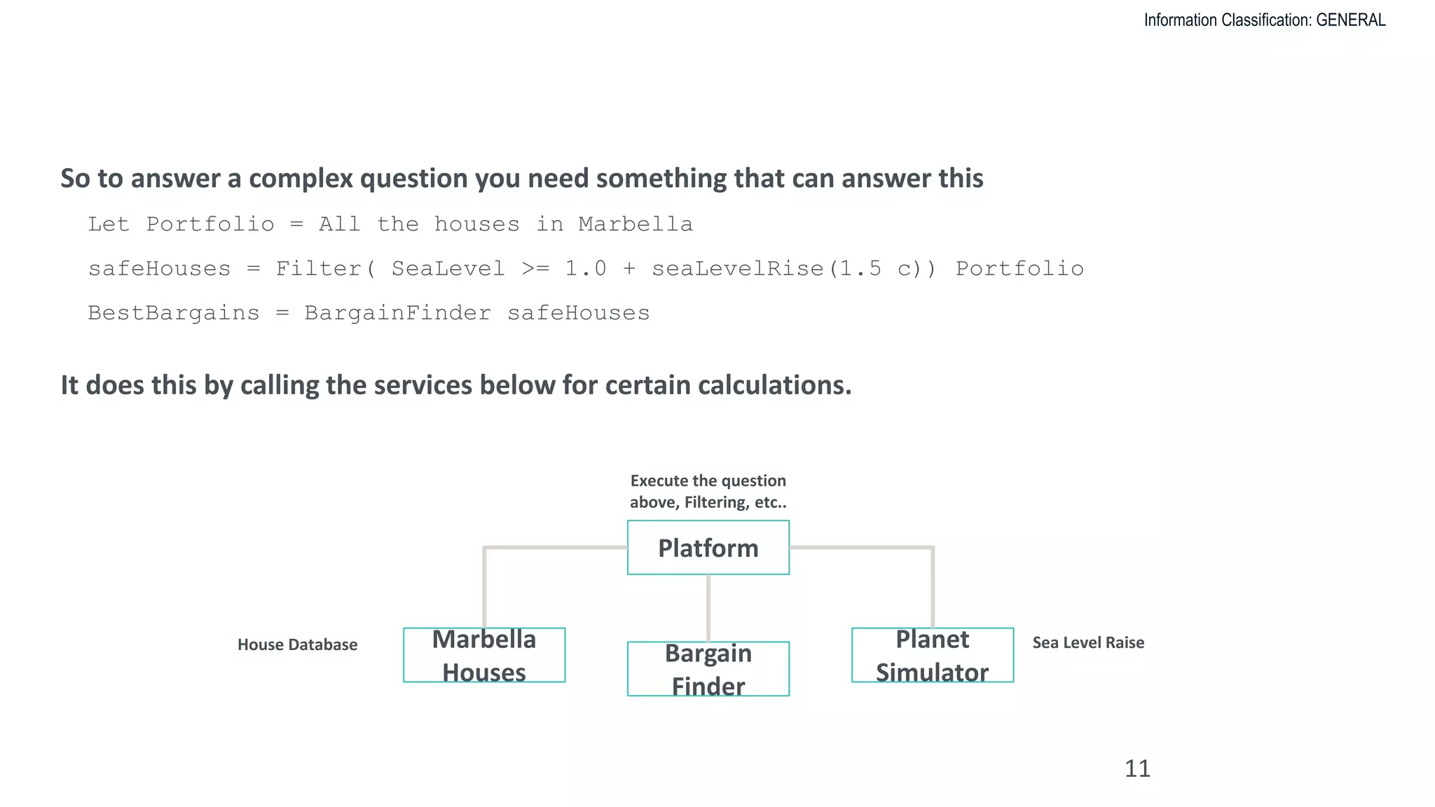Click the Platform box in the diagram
coord(708,547)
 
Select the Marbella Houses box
coord(484,655)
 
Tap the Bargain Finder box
coord(708,669)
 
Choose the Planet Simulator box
coord(932,655)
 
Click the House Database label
coord(297,644)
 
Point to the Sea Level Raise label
coord(1087,642)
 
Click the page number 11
coord(1137,768)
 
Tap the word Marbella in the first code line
coord(635,224)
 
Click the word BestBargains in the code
coord(173,313)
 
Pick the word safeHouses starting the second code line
coord(159,269)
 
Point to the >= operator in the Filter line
coord(535,269)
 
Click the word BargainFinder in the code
coord(397,313)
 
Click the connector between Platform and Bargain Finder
coord(708,608)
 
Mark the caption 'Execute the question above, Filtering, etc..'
coord(708,491)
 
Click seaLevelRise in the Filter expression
coord(737,269)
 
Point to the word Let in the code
coord(109,224)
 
